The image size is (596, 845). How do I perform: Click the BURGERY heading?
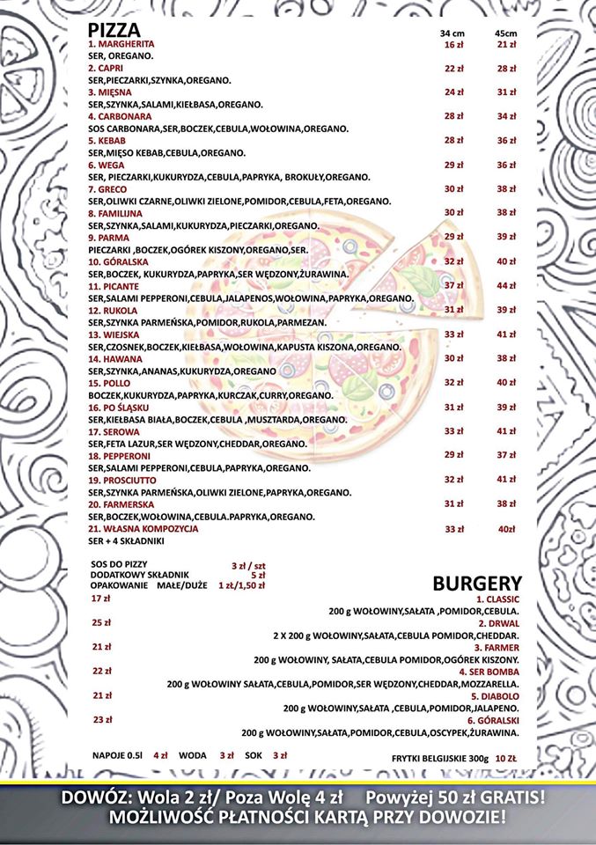[x=477, y=584]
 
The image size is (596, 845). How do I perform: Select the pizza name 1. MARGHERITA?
[x=121, y=44]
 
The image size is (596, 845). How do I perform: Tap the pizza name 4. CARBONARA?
[x=120, y=116]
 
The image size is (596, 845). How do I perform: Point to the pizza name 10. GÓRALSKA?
[x=118, y=262]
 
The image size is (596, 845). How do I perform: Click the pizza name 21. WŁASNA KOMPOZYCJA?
[x=143, y=529]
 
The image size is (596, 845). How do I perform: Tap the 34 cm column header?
[x=453, y=33]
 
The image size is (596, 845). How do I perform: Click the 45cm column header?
[x=505, y=33]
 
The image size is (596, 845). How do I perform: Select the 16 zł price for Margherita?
[x=453, y=44]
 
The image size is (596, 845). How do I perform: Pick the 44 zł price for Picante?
[x=506, y=286]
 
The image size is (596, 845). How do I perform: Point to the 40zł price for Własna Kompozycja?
[x=506, y=529]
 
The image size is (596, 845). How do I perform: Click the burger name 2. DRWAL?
[x=499, y=622]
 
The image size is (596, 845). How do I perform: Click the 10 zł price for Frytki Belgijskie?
[x=505, y=757]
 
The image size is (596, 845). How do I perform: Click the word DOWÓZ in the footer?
[x=94, y=798]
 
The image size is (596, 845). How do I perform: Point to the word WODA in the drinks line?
[x=192, y=755]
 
